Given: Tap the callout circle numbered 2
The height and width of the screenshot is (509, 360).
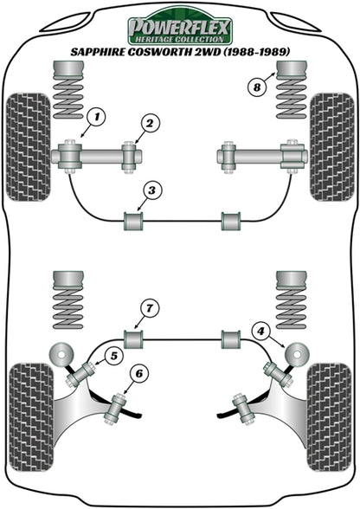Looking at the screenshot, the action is (151, 123).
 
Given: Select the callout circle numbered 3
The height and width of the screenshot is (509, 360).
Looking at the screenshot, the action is (151, 190).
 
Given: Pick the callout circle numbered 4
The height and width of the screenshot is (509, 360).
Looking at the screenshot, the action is (261, 332).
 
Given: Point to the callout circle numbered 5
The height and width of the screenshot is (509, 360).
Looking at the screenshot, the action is (114, 356).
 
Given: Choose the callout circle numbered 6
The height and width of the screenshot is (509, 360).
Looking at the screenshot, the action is (139, 375).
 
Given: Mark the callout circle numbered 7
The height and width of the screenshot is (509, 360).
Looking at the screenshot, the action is (150, 308).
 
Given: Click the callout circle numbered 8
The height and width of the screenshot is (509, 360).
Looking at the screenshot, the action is (257, 87).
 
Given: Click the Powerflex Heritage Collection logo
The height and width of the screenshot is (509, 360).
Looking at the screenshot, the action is (179, 26).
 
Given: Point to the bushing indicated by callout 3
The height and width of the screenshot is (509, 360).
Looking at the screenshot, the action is (134, 221).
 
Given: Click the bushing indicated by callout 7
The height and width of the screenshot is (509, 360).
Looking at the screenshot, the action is (134, 339).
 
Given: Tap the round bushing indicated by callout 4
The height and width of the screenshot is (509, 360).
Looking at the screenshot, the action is (297, 354).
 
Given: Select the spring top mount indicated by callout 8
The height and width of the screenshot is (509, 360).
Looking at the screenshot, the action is (292, 69).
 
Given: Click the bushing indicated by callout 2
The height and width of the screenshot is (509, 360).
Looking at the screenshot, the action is (129, 157).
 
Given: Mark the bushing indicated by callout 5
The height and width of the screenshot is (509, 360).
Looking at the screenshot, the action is (80, 375).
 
